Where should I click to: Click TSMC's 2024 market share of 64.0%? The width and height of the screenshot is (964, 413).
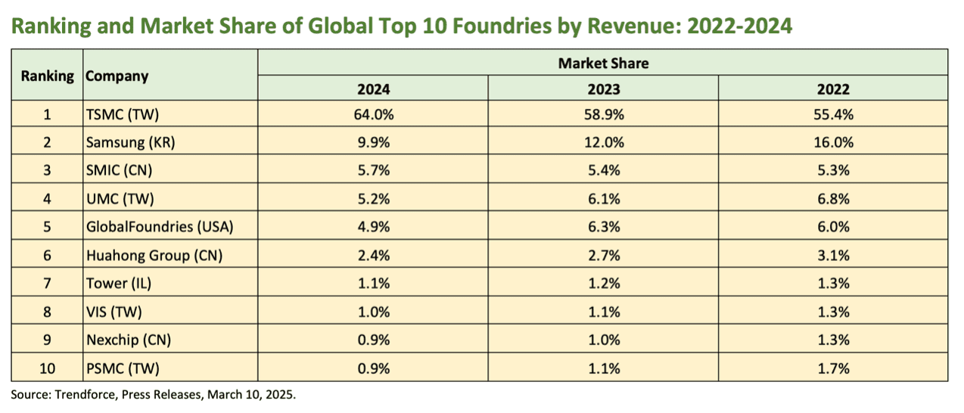(x=374, y=114)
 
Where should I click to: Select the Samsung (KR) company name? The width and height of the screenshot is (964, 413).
(x=130, y=142)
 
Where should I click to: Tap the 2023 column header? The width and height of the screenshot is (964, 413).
(x=604, y=89)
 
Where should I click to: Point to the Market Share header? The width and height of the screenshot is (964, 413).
(x=603, y=64)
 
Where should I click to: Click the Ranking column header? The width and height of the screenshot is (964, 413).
(x=48, y=76)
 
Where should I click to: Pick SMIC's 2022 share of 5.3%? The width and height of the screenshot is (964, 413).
(x=834, y=170)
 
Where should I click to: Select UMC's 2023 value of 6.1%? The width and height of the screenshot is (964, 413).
(x=604, y=199)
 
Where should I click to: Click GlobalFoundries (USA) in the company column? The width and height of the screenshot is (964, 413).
(x=160, y=227)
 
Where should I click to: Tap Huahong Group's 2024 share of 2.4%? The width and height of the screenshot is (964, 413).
(x=374, y=256)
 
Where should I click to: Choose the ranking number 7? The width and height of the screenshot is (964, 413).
(x=48, y=284)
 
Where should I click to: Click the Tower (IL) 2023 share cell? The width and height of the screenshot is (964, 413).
(x=604, y=284)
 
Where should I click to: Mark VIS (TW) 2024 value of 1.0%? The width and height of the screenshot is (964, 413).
(x=374, y=312)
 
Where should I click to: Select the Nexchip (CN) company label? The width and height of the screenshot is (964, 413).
(x=129, y=340)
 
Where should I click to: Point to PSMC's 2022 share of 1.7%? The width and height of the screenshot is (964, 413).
(x=834, y=368)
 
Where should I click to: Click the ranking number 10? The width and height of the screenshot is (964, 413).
(x=48, y=368)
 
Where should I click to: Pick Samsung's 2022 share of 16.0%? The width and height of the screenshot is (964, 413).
(x=834, y=142)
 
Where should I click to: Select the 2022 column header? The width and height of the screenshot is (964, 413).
(x=834, y=89)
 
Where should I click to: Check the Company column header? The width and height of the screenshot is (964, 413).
(x=117, y=76)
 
